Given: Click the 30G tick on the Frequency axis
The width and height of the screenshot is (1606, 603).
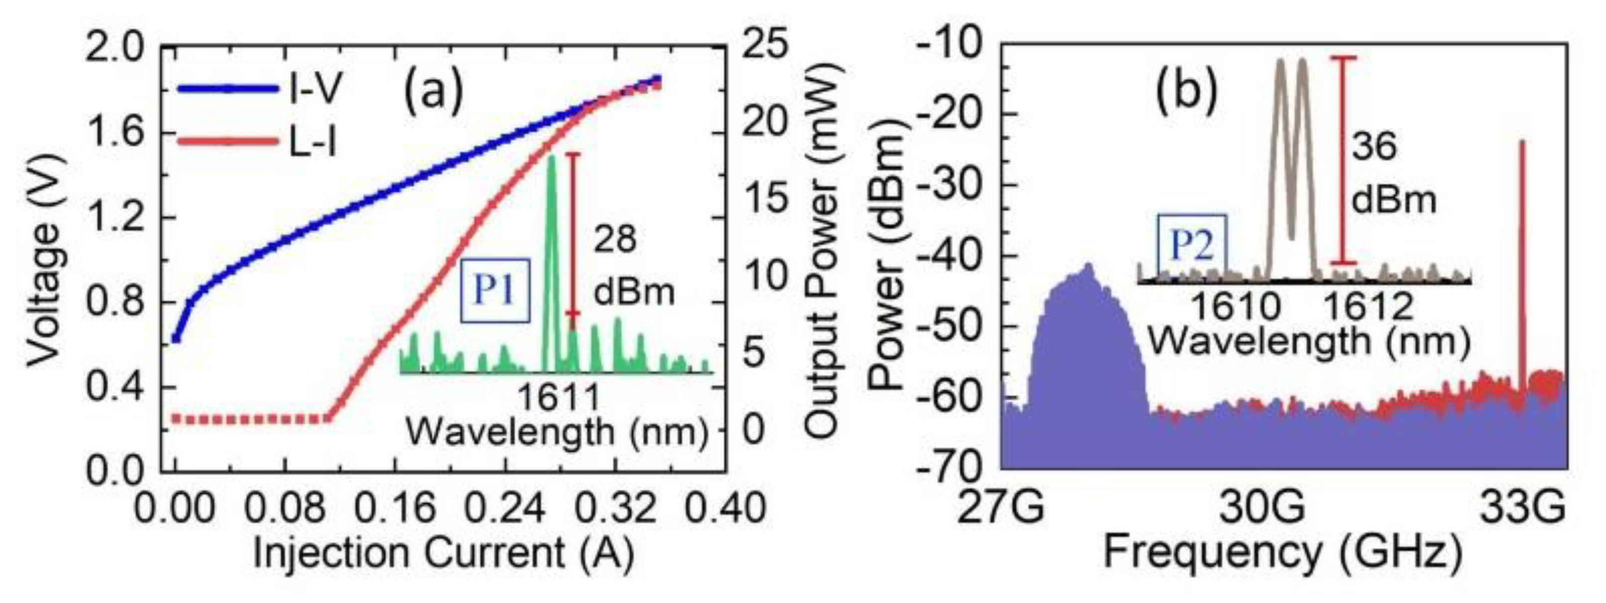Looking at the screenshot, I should [x=1262, y=509].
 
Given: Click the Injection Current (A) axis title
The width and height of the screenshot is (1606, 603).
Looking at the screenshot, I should [x=443, y=554].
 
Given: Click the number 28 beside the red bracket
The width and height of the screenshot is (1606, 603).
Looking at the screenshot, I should [x=615, y=240].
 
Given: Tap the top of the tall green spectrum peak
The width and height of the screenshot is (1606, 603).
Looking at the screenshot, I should [x=551, y=157].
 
